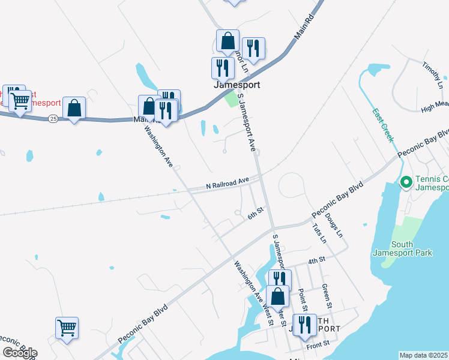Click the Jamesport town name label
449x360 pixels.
[x=237, y=85]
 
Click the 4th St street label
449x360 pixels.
[x=316, y=260]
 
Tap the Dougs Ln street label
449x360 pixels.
[x=336, y=224]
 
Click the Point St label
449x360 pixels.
[x=302, y=298]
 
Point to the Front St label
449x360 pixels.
[x=318, y=343]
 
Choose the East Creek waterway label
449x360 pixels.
[x=382, y=125]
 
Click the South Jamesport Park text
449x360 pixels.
[x=412, y=248]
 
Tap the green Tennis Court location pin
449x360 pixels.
[x=405, y=181]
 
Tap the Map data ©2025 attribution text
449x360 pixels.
[x=424, y=355]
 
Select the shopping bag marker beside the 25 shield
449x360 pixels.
[x=74, y=109]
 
